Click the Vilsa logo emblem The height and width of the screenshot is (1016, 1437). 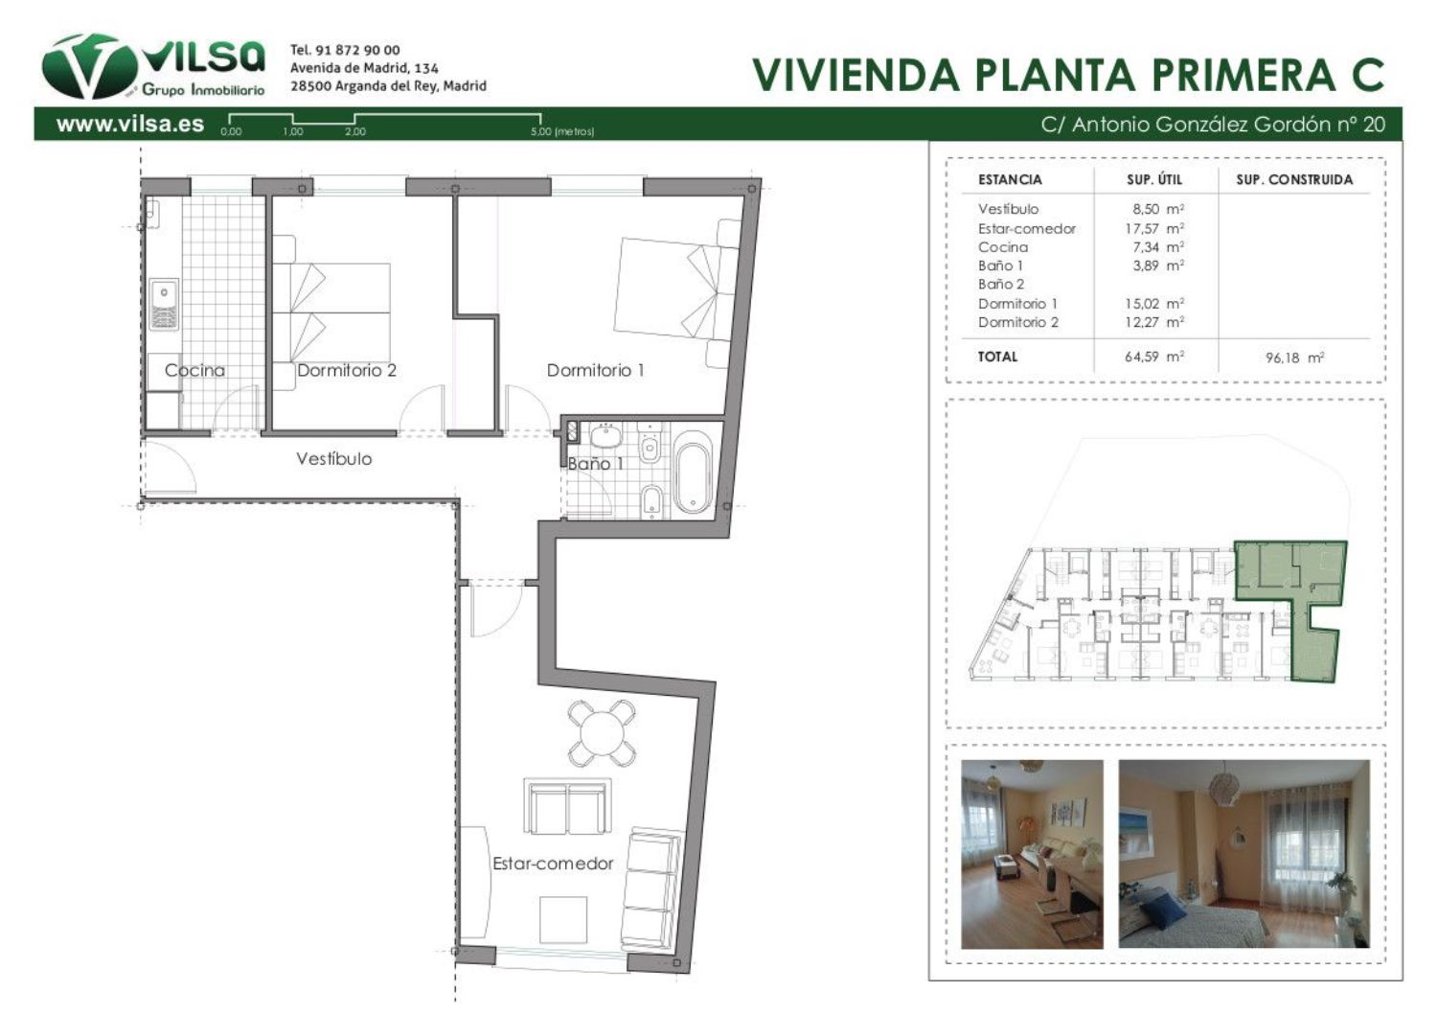coord(89,67)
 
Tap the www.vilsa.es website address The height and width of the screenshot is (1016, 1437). coord(130,124)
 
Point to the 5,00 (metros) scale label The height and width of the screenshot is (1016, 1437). coord(562,131)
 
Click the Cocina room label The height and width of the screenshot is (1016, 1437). coord(195,370)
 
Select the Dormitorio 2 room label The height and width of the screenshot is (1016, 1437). coord(347,370)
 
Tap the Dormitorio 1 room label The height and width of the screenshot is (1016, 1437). coord(595,370)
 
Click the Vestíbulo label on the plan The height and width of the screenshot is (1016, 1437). coord(333,459)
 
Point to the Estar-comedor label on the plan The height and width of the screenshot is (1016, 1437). coord(553,864)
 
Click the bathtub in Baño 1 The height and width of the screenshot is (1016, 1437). coord(693,472)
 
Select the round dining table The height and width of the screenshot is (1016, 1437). coord(602,732)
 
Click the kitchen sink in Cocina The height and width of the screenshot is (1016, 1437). coord(164,304)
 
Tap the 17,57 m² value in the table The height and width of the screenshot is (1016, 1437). coord(1154,228)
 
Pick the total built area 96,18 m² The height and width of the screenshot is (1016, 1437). coord(1294,358)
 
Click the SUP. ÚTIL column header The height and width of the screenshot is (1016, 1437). coord(1154,179)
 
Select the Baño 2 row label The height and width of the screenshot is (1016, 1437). coord(1001,285)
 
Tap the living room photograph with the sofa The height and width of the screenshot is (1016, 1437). coord(1032,854)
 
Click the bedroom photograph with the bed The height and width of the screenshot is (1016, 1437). coord(1243,854)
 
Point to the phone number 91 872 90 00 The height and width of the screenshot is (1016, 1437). coord(357,50)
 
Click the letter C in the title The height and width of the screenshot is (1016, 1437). coord(1367,75)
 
